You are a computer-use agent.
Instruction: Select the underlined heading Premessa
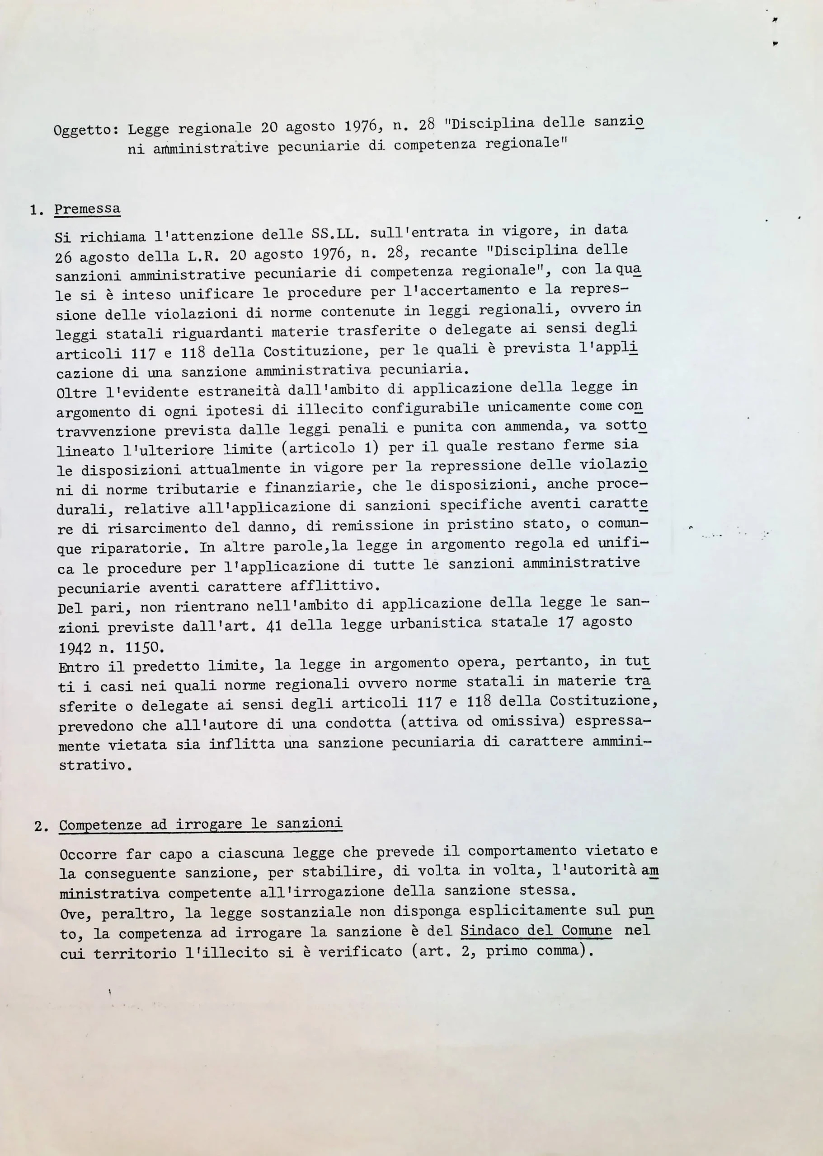(87, 209)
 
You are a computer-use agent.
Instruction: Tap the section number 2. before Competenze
(41, 826)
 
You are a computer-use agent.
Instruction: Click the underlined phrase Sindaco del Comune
(536, 931)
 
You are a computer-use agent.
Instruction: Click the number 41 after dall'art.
(274, 626)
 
